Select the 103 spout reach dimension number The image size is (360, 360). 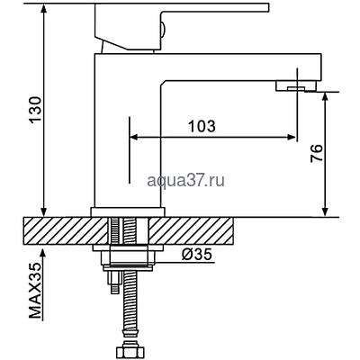202,127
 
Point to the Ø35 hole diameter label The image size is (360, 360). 196,255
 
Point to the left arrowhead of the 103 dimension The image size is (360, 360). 136,138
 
